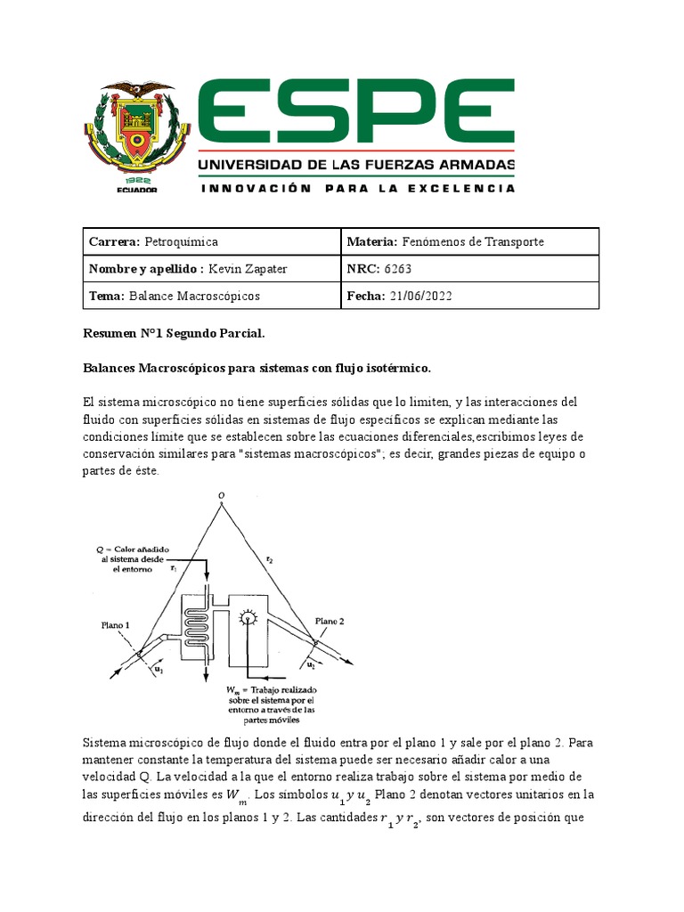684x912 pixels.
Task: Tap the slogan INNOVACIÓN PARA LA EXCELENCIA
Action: point(357,189)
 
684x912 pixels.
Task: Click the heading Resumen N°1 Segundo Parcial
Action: point(174,333)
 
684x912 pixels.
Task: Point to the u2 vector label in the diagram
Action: point(312,664)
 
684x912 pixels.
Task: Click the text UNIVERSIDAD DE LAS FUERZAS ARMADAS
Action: point(355,166)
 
